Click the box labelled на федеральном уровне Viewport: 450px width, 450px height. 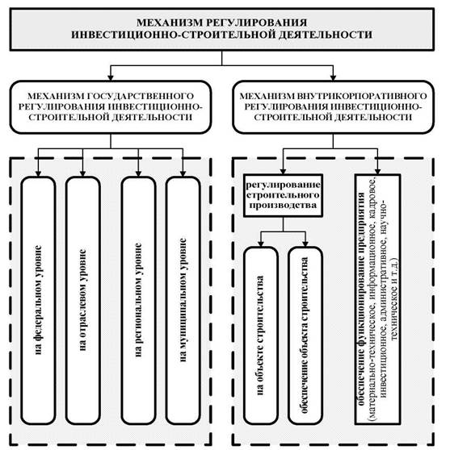(38, 300)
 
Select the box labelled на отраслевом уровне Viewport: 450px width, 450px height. (83, 300)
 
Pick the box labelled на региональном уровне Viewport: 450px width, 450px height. (138, 300)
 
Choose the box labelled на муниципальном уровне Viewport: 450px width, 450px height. (183, 300)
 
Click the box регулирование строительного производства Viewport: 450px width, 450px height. (283, 195)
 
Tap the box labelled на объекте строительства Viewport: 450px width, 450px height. (261, 335)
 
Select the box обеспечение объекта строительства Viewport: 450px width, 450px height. (305, 335)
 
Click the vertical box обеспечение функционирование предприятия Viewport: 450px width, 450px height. (377, 299)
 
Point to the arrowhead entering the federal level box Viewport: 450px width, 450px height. (38, 173)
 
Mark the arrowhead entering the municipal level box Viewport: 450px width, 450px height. (183, 173)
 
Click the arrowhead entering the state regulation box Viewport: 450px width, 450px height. (111, 77)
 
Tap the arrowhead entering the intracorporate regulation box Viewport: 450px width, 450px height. (333, 77)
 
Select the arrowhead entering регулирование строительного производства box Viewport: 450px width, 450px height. (283, 171)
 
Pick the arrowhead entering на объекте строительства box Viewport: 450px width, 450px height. (261, 244)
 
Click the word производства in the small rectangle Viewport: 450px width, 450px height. (283, 206)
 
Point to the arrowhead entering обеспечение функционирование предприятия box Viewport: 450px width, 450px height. (377, 171)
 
